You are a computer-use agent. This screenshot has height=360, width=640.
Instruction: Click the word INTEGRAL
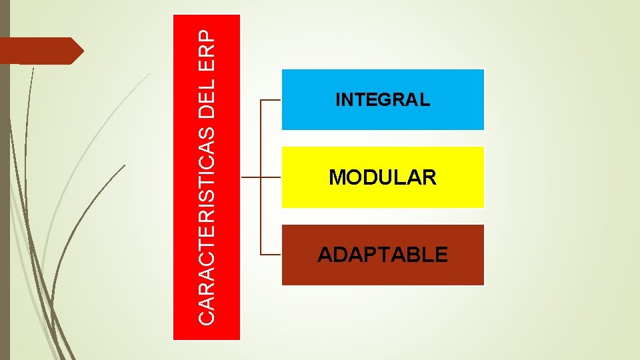[383, 100]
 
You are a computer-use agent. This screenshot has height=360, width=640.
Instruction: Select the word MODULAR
[383, 177]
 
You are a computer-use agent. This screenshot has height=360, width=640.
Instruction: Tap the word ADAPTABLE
[383, 255]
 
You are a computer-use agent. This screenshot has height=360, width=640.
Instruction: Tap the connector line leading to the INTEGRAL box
[270, 100]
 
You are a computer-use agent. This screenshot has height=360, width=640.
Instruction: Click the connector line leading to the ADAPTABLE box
[270, 255]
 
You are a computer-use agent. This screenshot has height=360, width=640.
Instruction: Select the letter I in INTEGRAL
[338, 100]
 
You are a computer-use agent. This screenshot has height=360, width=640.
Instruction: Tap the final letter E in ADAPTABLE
[441, 255]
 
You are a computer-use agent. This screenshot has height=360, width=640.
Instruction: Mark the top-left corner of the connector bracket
[260, 100]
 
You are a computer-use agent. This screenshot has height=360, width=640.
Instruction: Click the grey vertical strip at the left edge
[5, 200]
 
